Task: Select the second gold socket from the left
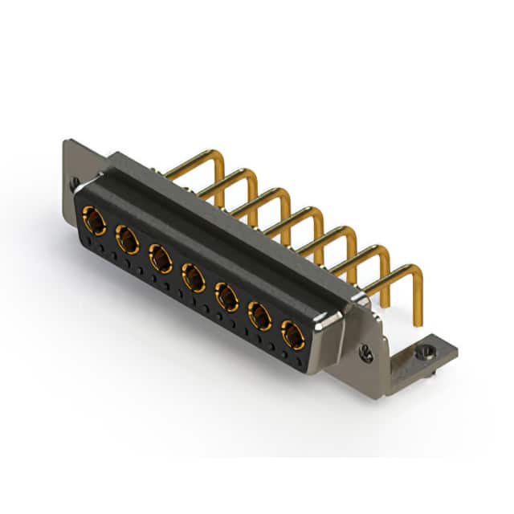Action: tap(127, 239)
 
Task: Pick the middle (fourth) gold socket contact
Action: tap(194, 278)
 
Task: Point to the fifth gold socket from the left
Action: tap(227, 298)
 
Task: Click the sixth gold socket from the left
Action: tap(260, 317)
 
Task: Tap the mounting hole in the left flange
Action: tap(75, 183)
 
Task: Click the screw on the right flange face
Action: tap(365, 351)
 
